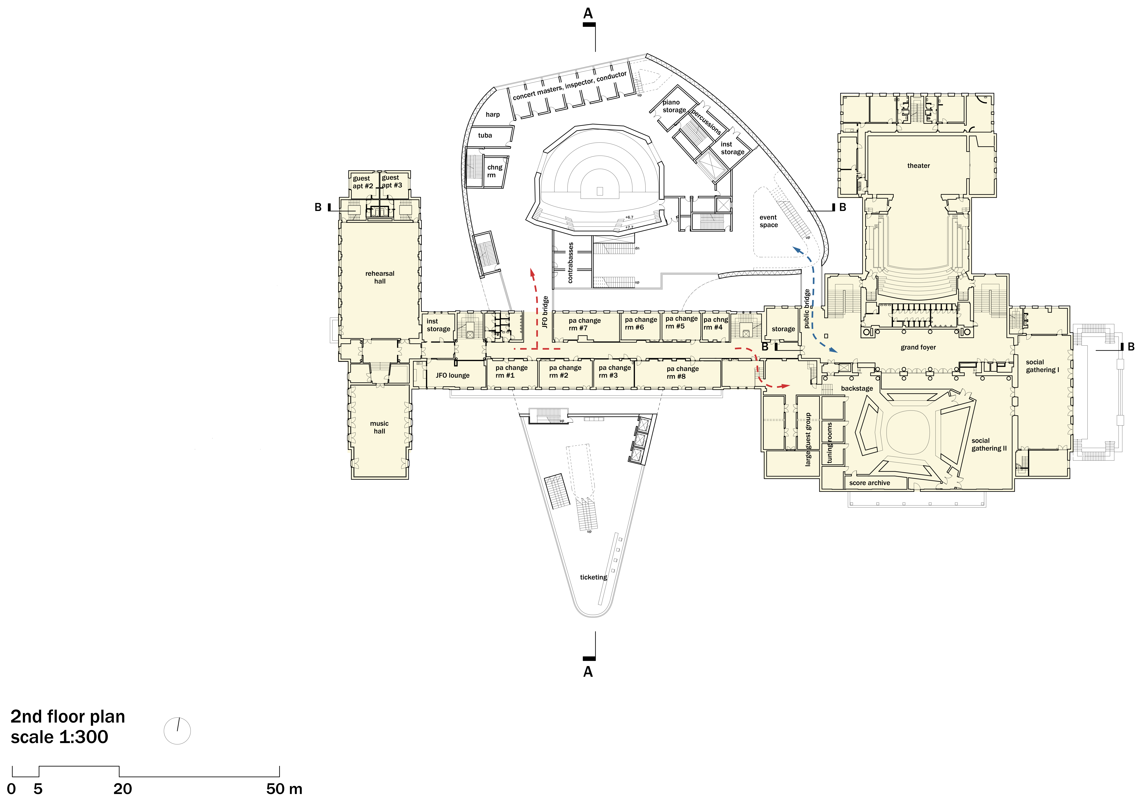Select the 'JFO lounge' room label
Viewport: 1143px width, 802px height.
tap(453, 376)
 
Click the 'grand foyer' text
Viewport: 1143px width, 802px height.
tap(918, 348)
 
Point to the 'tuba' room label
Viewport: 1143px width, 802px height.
tap(485, 135)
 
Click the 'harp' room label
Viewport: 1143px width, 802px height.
tap(492, 115)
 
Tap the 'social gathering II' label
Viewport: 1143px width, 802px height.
tap(989, 444)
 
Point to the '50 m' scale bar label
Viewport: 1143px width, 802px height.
tap(284, 789)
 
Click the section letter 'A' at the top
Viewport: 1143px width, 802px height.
tap(588, 14)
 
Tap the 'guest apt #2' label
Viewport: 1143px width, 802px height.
tap(362, 182)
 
